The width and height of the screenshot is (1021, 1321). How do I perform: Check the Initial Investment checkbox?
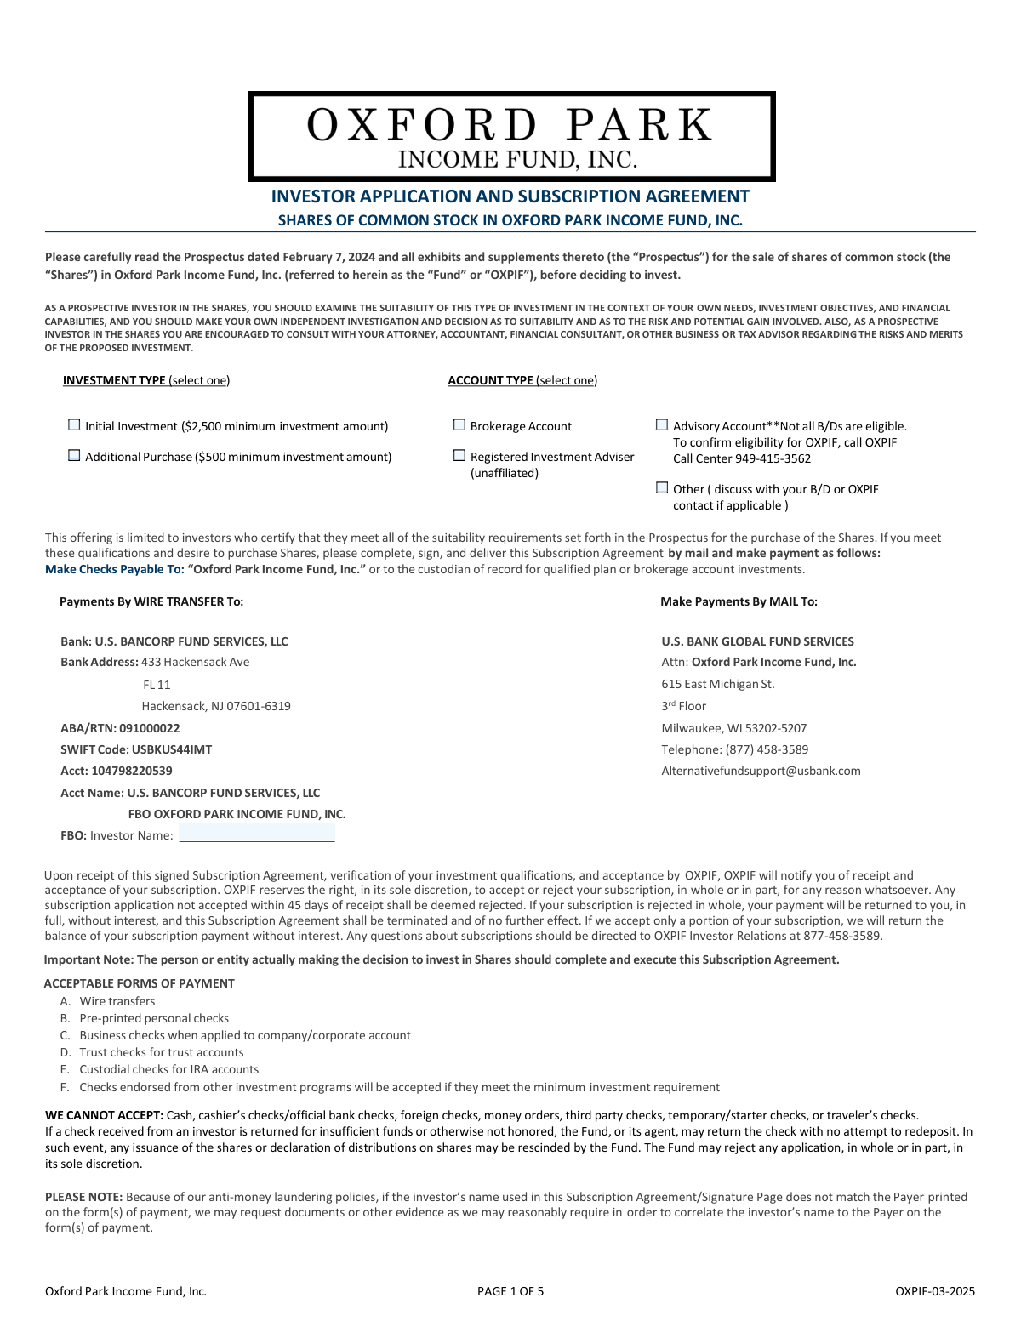coord(74,424)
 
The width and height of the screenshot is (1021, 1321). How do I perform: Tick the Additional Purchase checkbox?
coord(74,455)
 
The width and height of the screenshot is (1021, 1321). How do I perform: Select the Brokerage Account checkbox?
coord(459,424)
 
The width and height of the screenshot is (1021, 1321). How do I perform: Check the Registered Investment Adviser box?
coord(459,455)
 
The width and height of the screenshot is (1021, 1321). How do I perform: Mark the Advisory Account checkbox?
coord(662,424)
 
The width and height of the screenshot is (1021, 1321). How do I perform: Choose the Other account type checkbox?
coord(662,487)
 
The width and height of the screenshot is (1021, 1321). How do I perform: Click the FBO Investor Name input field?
coord(256,834)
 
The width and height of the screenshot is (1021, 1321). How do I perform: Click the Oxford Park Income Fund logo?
coord(511,136)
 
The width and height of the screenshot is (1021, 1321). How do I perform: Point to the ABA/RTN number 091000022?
coord(150,728)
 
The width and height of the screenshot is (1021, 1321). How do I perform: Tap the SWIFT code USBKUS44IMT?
coord(172,749)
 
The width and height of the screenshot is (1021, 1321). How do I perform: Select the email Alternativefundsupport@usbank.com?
coord(761,771)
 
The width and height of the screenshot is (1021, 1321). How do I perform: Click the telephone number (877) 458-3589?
coord(767,749)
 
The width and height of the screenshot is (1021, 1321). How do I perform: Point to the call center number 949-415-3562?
coord(773,458)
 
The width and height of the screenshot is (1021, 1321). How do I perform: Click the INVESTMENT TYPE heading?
coord(114,380)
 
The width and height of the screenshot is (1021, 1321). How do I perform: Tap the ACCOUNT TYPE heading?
coord(490,380)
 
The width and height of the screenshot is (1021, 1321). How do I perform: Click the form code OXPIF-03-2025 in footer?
coord(934,1291)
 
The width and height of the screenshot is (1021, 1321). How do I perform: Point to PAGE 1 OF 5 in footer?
coord(510,1291)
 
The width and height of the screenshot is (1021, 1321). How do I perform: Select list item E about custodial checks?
coord(168,1069)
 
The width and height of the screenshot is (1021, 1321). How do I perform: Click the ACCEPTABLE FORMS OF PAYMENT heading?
coord(139,983)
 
